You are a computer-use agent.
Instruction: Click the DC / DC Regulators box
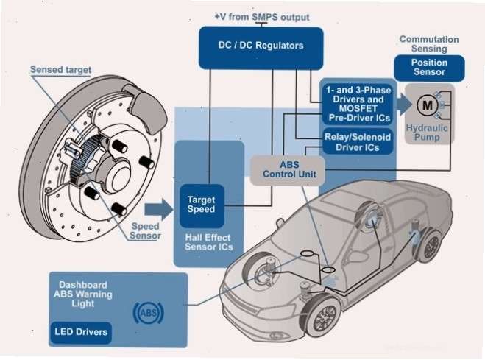point(261,48)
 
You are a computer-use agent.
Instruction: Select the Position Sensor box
point(429,68)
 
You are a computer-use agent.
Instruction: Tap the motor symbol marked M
point(428,106)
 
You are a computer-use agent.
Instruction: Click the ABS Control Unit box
point(288,170)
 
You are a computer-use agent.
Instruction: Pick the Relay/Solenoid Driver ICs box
point(358,142)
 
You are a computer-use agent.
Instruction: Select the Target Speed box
point(202,205)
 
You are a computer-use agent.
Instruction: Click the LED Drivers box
point(81,333)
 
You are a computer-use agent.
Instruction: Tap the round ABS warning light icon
point(149,314)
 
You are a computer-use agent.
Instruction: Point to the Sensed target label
point(60,70)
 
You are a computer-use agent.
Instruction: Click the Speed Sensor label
point(146,231)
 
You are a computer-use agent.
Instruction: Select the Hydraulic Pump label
point(427,133)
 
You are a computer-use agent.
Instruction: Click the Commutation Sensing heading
point(429,44)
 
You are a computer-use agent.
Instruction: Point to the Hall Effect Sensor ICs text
point(209,242)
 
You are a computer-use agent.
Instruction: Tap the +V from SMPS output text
point(262,17)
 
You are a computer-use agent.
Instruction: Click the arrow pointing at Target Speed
point(159,209)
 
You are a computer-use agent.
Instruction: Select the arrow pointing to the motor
point(404,105)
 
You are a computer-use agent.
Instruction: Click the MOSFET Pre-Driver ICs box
point(358,105)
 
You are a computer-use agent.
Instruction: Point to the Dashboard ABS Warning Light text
point(83,294)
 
